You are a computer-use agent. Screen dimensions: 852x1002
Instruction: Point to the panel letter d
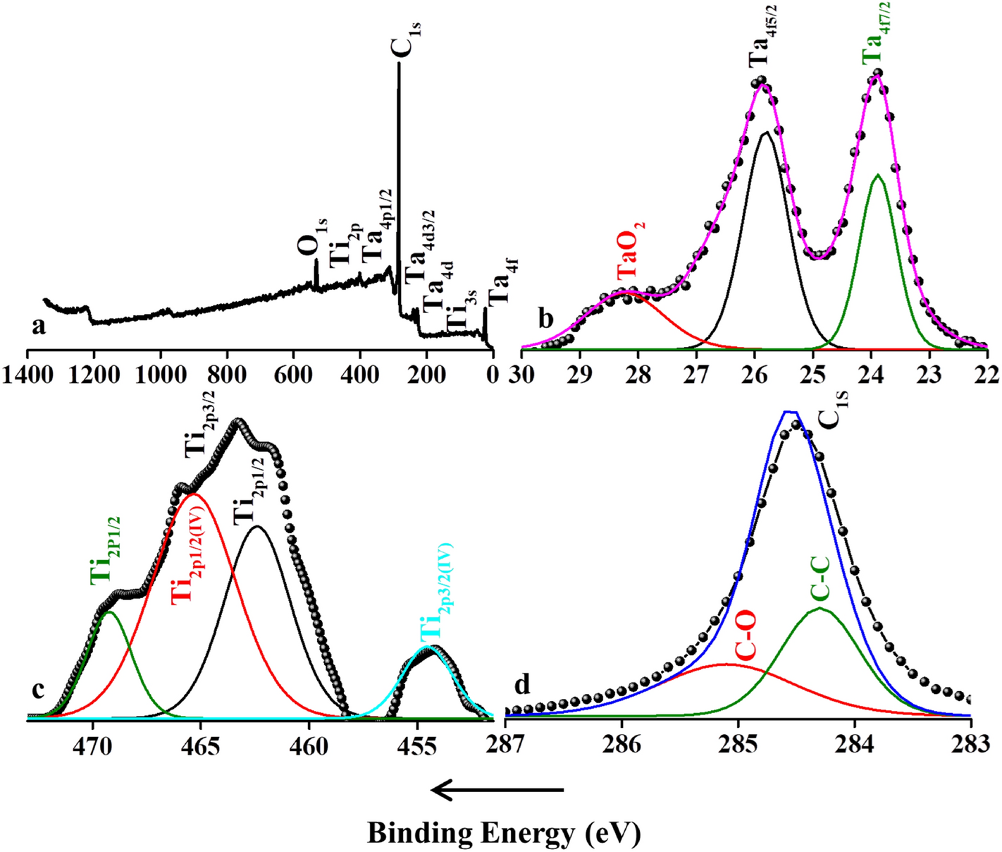(x=523, y=683)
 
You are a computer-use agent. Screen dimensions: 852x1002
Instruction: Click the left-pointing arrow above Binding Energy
(x=497, y=791)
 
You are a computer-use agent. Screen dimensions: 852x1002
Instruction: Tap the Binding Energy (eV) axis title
(x=504, y=833)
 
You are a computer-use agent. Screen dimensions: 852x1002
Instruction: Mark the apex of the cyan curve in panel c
(x=427, y=646)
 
